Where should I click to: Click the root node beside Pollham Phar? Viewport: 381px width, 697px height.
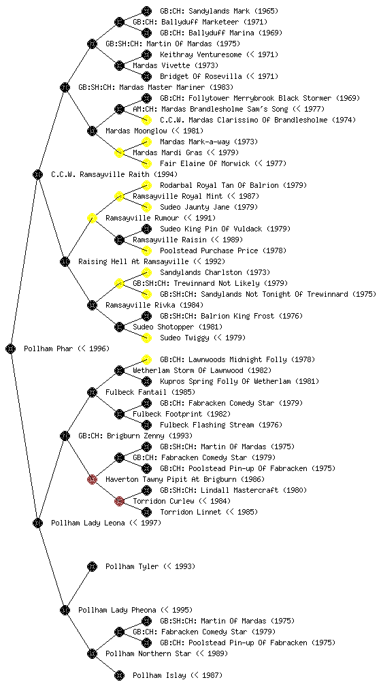[11, 348]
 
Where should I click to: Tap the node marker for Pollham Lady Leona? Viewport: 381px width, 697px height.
[37, 523]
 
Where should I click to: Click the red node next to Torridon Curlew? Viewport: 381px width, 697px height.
[119, 501]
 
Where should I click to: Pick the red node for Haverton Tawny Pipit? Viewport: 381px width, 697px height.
[92, 479]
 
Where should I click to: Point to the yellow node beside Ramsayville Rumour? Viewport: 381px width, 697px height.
[92, 218]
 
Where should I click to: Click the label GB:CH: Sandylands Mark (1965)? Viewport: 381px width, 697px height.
[219, 11]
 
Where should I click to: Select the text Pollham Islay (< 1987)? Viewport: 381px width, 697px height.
[177, 675]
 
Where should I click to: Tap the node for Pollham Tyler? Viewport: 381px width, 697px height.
[92, 566]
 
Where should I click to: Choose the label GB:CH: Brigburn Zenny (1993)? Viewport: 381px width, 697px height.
[135, 436]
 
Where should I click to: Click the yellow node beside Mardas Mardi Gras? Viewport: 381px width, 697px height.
[119, 152]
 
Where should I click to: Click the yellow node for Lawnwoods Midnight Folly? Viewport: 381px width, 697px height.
[146, 359]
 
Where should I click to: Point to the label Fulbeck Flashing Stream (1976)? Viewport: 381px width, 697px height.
[220, 425]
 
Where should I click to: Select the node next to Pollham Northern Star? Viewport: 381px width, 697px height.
[92, 653]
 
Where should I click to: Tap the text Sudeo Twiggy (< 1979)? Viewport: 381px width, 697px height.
[203, 338]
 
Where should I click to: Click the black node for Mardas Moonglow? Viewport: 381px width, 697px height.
[92, 131]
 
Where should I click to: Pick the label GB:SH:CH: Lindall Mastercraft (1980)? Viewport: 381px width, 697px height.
[233, 490]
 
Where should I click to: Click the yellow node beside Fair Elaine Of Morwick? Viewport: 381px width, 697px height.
[146, 163]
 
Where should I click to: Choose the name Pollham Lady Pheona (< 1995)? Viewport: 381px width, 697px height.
[135, 610]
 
